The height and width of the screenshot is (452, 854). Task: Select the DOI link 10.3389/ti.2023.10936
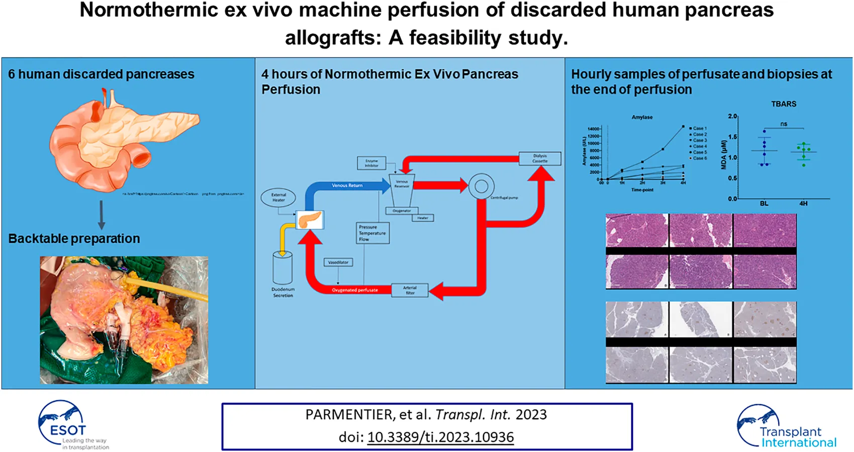[440, 437]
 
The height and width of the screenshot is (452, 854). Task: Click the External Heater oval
[278, 198]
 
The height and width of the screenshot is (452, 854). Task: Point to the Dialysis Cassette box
[540, 158]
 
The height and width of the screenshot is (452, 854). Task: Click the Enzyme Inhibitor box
[371, 163]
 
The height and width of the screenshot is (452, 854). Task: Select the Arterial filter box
[410, 290]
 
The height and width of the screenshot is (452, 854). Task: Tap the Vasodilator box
[338, 262]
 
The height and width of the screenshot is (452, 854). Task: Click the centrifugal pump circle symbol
[481, 187]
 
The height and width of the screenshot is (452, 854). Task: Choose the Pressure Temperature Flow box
[372, 233]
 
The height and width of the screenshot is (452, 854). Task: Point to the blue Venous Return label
[347, 186]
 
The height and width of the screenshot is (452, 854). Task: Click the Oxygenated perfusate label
[354, 290]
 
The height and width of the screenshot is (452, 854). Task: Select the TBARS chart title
[784, 104]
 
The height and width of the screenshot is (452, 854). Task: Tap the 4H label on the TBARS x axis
[803, 204]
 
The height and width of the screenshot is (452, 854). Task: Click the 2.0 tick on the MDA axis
[732, 116]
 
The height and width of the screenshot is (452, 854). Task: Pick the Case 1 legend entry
[699, 128]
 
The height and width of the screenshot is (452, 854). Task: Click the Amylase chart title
[642, 117]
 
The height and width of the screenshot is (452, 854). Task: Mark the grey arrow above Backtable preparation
[101, 215]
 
